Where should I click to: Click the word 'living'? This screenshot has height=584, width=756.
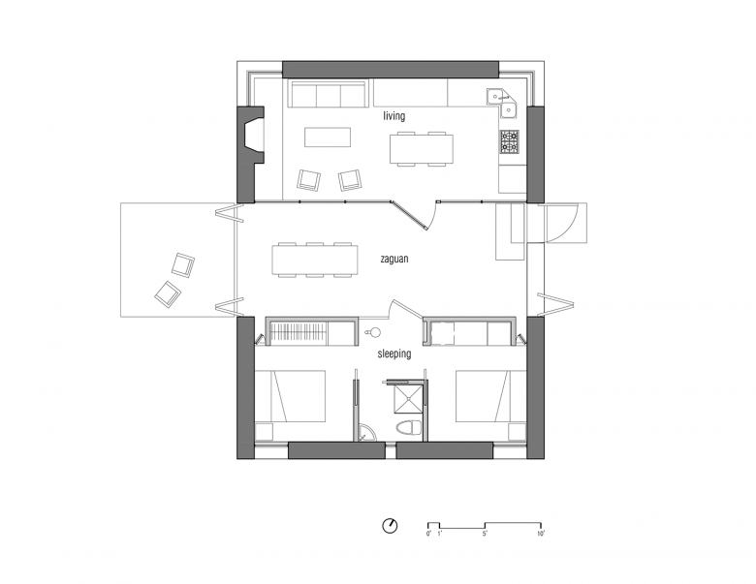pos(394,116)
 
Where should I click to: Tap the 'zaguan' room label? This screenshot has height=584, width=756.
pos(394,259)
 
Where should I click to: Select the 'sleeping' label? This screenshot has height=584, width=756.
pos(394,353)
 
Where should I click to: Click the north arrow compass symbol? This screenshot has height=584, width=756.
pos(390,526)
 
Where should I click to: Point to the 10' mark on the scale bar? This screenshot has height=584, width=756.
pos(541,534)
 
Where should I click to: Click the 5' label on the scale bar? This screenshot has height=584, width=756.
pos(485,534)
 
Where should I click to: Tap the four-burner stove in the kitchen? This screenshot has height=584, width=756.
pos(510,141)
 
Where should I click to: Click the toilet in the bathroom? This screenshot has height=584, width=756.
pos(409,428)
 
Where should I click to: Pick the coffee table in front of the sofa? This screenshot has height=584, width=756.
pos(328,137)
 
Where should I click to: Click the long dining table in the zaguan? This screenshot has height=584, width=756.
pos(315,261)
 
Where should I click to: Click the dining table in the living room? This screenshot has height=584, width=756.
pos(422,149)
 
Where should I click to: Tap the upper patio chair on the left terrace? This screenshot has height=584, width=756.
pos(183,264)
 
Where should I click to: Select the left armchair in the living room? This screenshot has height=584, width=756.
pos(308,180)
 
